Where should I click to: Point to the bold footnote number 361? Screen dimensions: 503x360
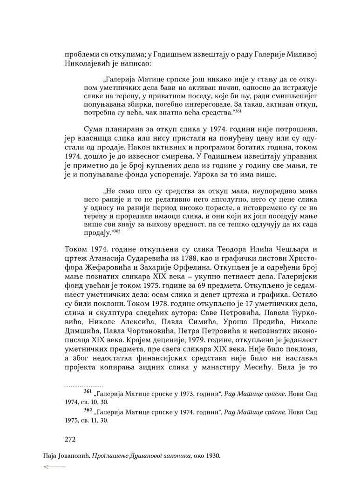87,392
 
